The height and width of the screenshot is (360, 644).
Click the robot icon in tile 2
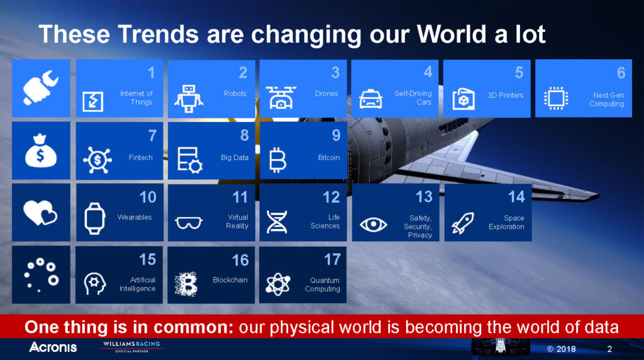pyautogui.click(x=189, y=99)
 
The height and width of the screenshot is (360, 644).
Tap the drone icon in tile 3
pyautogui.click(x=280, y=98)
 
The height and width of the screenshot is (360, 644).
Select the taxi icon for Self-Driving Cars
pyautogui.click(x=371, y=99)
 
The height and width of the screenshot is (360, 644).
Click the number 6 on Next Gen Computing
pyautogui.click(x=621, y=73)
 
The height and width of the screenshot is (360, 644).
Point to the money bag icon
pyautogui.click(x=40, y=150)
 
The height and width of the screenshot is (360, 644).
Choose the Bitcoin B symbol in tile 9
pyautogui.click(x=277, y=159)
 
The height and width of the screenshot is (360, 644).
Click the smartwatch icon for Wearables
pyautogui.click(x=95, y=218)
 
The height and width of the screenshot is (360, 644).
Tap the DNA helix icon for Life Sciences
pyautogui.click(x=277, y=222)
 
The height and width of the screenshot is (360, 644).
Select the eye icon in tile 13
pyautogui.click(x=374, y=225)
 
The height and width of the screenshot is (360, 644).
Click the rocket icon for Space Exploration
pyautogui.click(x=463, y=223)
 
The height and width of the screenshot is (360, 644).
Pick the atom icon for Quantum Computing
pyautogui.click(x=278, y=284)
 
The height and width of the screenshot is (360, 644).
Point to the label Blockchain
pyautogui.click(x=230, y=280)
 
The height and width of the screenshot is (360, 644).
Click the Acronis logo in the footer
pyautogui.click(x=53, y=347)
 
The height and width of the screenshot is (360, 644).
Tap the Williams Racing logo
pyautogui.click(x=132, y=346)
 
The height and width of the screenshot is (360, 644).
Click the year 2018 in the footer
pyautogui.click(x=566, y=349)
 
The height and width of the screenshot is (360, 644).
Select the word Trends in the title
pyautogui.click(x=158, y=34)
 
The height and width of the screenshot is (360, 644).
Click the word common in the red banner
pyautogui.click(x=194, y=327)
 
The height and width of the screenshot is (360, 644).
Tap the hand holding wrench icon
pyautogui.click(x=41, y=87)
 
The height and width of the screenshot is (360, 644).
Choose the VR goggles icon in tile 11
pyautogui.click(x=189, y=223)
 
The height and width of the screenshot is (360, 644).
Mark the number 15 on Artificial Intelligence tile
pyautogui.click(x=147, y=259)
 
